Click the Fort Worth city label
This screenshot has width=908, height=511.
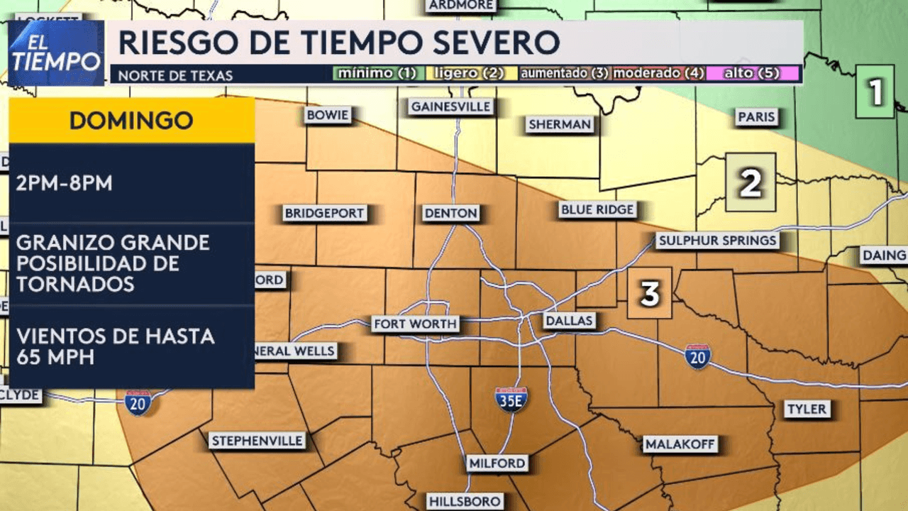click(x=416, y=324)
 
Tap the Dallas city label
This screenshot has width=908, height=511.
click(x=569, y=321)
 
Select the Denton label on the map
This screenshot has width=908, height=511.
click(x=451, y=213)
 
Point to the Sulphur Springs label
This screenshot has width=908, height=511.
click(x=717, y=241)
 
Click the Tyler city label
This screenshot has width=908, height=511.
click(x=807, y=409)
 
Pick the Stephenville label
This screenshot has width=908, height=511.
click(x=258, y=441)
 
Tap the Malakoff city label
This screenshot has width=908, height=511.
click(x=680, y=445)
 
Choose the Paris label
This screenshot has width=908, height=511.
click(x=756, y=117)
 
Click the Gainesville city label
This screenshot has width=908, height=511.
click(x=451, y=106)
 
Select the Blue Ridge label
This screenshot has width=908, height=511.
click(x=597, y=209)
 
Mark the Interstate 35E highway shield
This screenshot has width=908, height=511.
click(x=511, y=400)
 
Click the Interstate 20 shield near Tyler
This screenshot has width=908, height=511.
click(x=698, y=356)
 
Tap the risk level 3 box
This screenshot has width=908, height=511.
click(x=650, y=292)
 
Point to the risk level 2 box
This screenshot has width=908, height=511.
click(x=751, y=182)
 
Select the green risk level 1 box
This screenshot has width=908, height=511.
click(x=876, y=92)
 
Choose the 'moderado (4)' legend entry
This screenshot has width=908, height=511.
click(x=655, y=73)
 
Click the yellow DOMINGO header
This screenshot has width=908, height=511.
click(x=131, y=120)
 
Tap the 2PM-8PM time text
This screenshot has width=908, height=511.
click(x=65, y=183)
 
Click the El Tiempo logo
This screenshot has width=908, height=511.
click(x=57, y=53)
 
